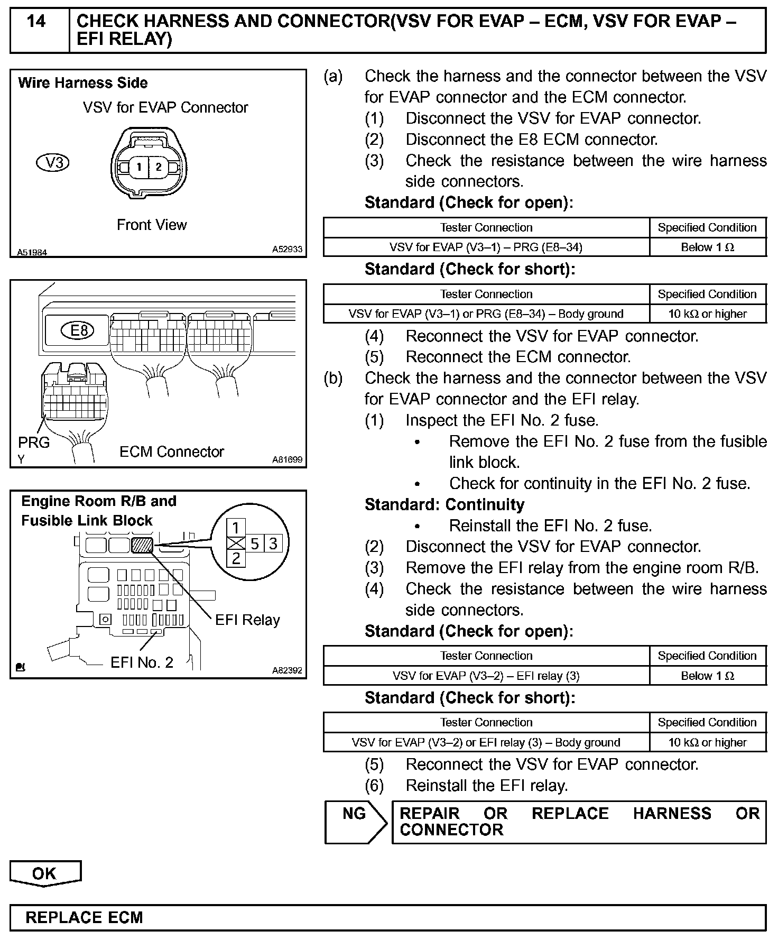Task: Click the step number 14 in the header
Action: (x=36, y=22)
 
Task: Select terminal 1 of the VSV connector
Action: (x=138, y=168)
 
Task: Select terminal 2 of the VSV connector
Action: (x=159, y=167)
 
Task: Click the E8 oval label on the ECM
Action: (x=79, y=331)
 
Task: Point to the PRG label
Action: (x=34, y=442)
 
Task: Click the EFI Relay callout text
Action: (x=247, y=620)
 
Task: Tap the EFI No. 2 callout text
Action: (x=142, y=662)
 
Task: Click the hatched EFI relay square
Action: (x=142, y=545)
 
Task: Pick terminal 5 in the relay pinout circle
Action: (x=255, y=543)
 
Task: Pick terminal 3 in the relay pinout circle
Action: (x=273, y=543)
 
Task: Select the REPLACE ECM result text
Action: (x=85, y=917)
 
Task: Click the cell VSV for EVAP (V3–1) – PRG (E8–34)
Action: (x=486, y=247)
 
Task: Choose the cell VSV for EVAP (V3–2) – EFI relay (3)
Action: (x=486, y=676)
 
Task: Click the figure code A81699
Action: (x=287, y=460)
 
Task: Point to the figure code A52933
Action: (x=287, y=249)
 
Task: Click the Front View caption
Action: (x=152, y=225)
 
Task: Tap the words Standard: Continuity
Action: (x=444, y=505)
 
